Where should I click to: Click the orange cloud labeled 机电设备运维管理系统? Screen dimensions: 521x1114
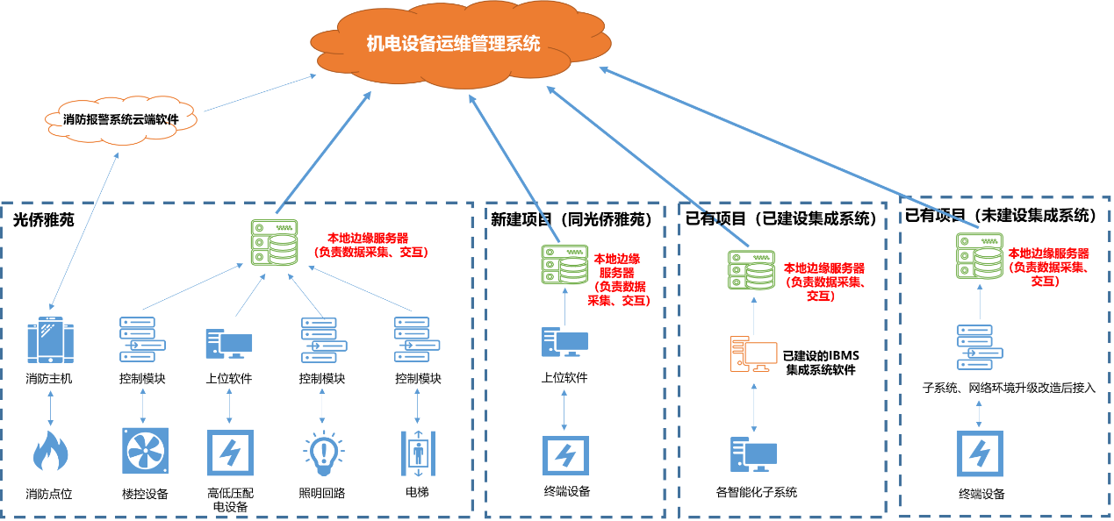tap(453, 44)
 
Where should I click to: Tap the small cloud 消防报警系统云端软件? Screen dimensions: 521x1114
tap(120, 118)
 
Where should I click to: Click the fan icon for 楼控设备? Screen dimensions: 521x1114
tap(144, 452)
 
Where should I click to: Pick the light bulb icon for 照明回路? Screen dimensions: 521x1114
tap(322, 452)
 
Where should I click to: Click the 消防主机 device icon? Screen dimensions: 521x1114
tap(49, 341)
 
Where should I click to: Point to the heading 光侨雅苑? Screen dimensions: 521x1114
tap(43, 220)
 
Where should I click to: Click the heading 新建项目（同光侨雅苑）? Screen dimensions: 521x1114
tap(571, 219)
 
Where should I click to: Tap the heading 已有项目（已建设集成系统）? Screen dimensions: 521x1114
tap(780, 218)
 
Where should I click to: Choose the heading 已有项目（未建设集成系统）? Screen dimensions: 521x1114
tap(1001, 215)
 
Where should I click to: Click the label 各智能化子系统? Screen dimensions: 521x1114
tap(756, 492)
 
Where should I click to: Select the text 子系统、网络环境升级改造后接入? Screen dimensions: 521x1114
tap(1010, 387)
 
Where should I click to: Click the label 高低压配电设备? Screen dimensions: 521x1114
tap(229, 499)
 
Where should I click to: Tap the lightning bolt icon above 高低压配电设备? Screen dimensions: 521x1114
tap(230, 452)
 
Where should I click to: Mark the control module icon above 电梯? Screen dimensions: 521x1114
tap(417, 339)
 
